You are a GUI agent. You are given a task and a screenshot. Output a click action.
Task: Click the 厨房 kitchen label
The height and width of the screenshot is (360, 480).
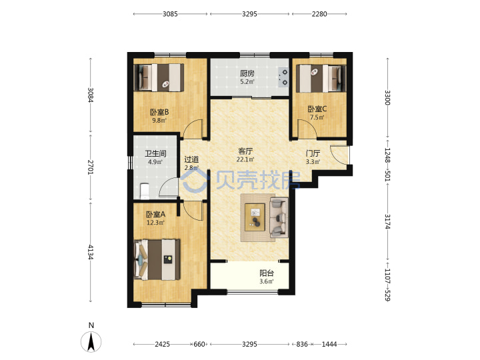pos(247,73)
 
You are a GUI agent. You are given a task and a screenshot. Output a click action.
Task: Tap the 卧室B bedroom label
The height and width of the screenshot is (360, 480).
pos(159,112)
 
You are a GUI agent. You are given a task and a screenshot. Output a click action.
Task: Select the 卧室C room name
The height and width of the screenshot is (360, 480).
pos(317,109)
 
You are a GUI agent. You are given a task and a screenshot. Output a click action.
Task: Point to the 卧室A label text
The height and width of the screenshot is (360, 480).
pos(155,214)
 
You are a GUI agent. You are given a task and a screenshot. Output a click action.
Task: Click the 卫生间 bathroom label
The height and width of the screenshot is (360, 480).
pos(155,153)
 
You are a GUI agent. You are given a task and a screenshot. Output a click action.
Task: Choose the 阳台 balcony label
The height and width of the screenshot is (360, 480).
pos(267,273)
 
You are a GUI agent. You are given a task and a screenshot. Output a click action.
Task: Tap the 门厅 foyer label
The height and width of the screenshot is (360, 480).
pos(313,153)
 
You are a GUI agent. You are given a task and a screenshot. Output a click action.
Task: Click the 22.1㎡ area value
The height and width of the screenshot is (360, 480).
pos(245,159)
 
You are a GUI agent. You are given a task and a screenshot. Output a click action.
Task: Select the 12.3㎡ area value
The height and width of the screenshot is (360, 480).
pos(155,223)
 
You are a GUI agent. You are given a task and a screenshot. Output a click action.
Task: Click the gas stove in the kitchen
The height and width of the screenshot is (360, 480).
pos(283,77)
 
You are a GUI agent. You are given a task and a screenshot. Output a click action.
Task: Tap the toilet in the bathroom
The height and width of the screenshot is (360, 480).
pos(144,191)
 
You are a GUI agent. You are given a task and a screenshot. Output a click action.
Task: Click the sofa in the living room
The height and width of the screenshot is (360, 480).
pos(279,217)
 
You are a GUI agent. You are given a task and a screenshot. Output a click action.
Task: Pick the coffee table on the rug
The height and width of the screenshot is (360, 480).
pos(255,217)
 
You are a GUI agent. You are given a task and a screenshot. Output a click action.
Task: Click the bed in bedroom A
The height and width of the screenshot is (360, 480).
pos(157,259)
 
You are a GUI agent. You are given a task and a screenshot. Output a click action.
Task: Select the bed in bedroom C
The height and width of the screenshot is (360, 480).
pos(321,78)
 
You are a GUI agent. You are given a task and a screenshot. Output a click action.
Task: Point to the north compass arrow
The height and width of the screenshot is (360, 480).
pos(91,341)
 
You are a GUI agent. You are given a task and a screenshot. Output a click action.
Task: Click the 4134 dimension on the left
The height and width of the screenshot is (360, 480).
pos(90,252)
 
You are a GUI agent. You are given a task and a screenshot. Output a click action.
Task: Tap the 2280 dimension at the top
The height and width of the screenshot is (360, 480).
pos(319,14)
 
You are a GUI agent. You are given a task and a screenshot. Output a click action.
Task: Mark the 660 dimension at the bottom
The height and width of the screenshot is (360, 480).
pos(199,344)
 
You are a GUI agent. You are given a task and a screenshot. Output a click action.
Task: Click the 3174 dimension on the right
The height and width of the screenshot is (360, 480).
pos(387,221)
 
